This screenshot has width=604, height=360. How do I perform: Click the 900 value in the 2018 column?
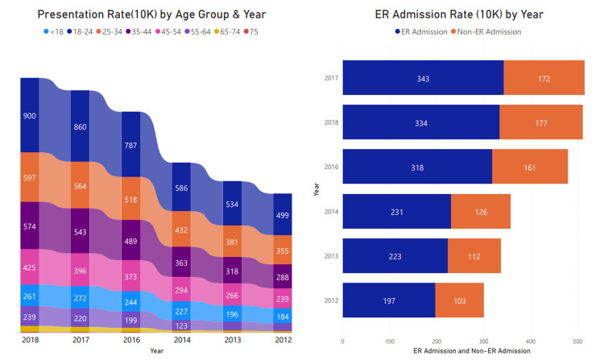click(30, 116)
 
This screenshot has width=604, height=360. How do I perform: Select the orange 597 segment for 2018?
click(30, 177)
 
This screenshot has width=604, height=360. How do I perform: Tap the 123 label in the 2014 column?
click(183, 326)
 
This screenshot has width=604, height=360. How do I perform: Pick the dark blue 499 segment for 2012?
click(283, 216)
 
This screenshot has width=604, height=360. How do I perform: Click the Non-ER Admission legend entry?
click(486, 31)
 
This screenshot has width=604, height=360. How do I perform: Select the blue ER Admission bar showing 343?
click(423, 80)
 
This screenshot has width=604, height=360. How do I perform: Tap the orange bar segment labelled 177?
click(540, 122)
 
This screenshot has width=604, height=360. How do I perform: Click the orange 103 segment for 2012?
click(459, 300)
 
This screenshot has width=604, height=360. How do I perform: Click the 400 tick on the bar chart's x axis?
click(530, 341)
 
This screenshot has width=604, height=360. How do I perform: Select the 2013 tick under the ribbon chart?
click(233, 340)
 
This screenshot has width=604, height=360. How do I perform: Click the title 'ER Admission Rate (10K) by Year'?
click(459, 14)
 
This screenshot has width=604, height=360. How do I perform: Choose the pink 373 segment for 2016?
click(131, 276)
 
